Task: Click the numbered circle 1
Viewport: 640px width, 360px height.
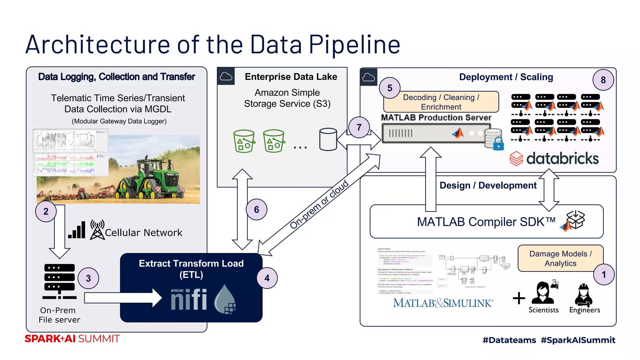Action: tap(604, 275)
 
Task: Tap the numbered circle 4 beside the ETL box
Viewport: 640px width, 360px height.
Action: tap(267, 278)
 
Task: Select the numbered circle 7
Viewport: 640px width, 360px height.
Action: tap(359, 127)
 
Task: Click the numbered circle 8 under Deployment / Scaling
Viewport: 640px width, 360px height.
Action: tap(603, 80)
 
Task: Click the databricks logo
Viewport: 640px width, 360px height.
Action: tap(554, 158)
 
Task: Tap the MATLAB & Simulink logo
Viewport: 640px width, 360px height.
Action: tap(443, 303)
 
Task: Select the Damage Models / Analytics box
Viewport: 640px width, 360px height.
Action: tap(560, 258)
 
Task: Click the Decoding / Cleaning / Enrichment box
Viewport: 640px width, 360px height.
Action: tap(441, 102)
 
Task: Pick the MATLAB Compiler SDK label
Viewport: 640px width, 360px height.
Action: tap(486, 222)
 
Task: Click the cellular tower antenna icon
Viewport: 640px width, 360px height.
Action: tap(97, 230)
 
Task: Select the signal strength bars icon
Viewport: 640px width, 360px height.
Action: tap(77, 230)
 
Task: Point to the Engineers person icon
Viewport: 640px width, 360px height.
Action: tap(583, 294)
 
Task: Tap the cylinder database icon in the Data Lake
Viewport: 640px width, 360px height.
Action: tap(328, 139)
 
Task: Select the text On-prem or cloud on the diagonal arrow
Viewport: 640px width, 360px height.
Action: tap(319, 205)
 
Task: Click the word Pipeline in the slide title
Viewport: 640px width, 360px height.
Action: tap(354, 44)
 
